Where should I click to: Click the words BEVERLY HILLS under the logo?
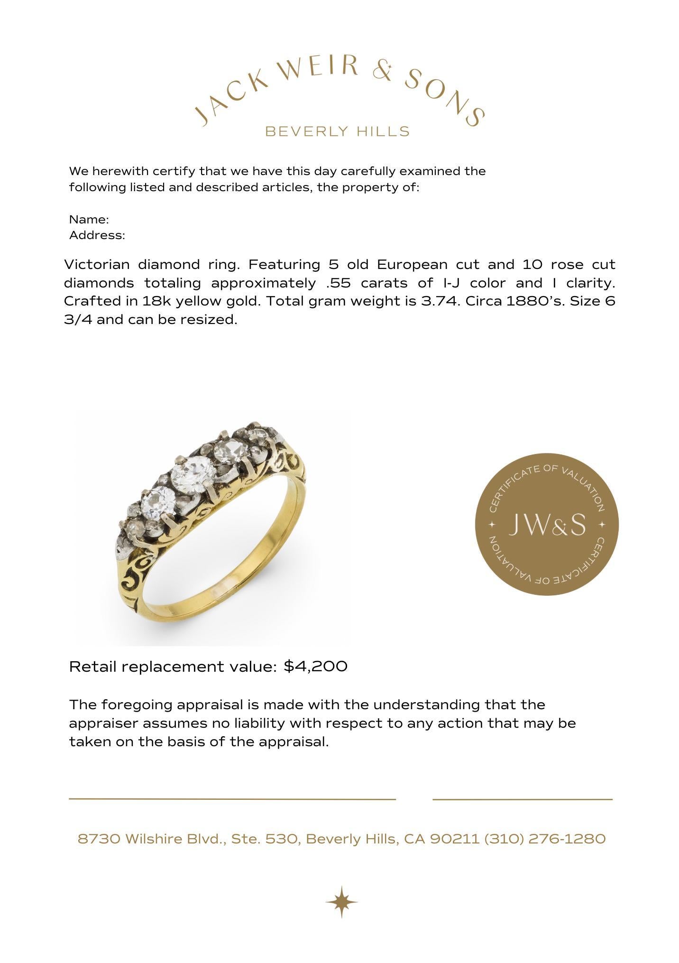337,131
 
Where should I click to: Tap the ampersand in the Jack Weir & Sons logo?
382,72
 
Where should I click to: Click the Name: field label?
89,220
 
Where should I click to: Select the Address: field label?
97,235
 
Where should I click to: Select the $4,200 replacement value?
315,666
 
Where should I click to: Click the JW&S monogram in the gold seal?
547,525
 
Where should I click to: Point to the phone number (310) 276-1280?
545,839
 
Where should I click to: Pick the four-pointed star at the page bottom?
341,901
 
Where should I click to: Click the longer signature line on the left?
232,799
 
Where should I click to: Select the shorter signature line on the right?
523,799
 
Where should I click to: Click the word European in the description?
412,264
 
